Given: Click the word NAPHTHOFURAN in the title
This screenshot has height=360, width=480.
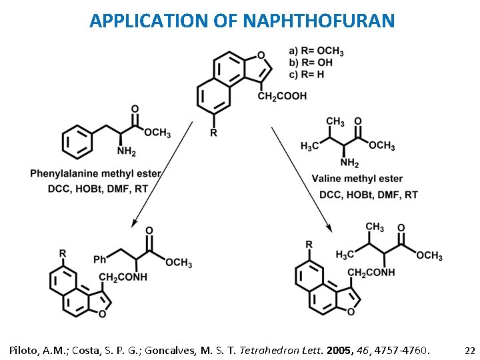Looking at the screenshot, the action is pyautogui.click(x=319, y=21).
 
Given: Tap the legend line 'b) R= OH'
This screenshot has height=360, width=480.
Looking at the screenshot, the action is pyautogui.click(x=311, y=63).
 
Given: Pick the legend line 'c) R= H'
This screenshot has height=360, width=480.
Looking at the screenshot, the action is pyautogui.click(x=307, y=75).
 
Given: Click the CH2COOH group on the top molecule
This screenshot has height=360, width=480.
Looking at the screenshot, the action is pyautogui.click(x=282, y=97).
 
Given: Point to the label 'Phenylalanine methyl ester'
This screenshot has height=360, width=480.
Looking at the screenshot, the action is pyautogui.click(x=95, y=174).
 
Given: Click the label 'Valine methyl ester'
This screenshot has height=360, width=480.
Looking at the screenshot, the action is pyautogui.click(x=357, y=179).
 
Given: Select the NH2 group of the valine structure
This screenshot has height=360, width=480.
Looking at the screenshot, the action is pyautogui.click(x=349, y=163).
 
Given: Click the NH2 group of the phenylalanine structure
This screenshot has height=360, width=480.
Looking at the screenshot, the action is pyautogui.click(x=127, y=153).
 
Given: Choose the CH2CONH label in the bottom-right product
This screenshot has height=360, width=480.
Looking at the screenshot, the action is pyautogui.click(x=371, y=273).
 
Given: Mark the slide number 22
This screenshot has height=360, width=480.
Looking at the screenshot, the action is pyautogui.click(x=469, y=349).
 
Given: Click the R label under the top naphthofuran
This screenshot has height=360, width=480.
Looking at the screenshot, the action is pyautogui.click(x=213, y=133).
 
